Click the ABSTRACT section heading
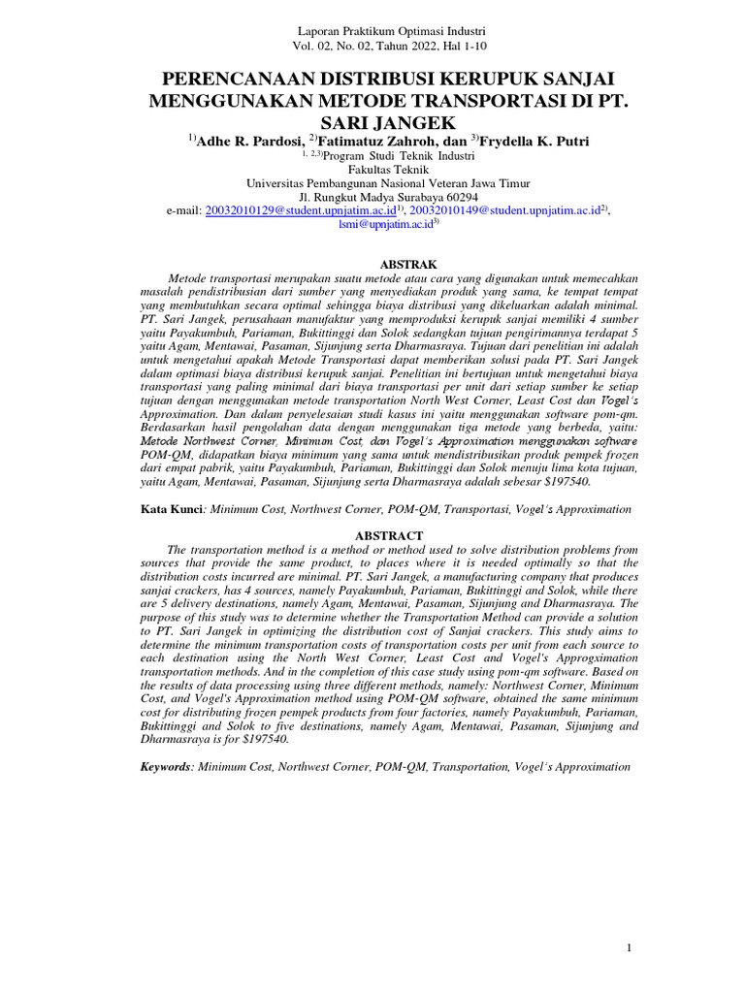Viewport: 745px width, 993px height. (388, 535)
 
